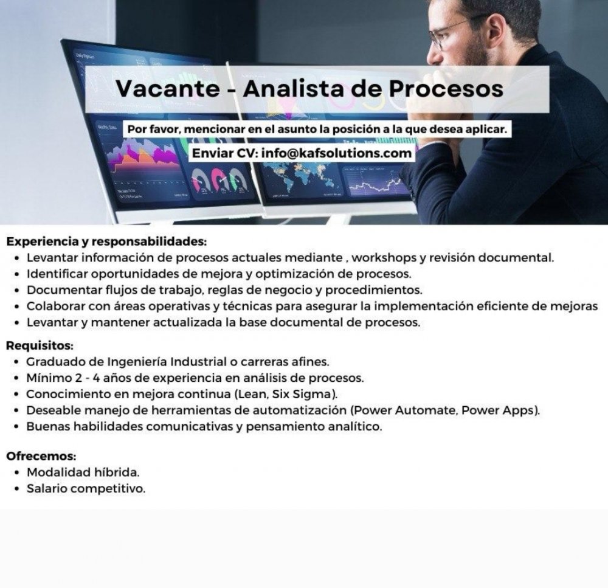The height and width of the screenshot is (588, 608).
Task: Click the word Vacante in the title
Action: tap(168, 88)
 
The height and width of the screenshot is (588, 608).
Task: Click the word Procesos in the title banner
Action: tap(446, 88)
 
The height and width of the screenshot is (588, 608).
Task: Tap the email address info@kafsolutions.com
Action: tap(337, 153)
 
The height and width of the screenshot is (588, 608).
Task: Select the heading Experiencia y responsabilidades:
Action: tap(106, 241)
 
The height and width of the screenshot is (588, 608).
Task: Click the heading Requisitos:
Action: tap(40, 345)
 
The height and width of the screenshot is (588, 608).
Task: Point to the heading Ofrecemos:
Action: tap(41, 455)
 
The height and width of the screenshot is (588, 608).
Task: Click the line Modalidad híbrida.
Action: tap(83, 472)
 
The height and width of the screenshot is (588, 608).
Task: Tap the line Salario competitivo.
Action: tap(86, 489)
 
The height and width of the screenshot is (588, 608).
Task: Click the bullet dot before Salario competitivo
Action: tap(16, 489)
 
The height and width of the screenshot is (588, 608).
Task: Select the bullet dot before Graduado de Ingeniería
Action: tap(16, 362)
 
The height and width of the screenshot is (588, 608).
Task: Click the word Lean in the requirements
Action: tap(252, 394)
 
